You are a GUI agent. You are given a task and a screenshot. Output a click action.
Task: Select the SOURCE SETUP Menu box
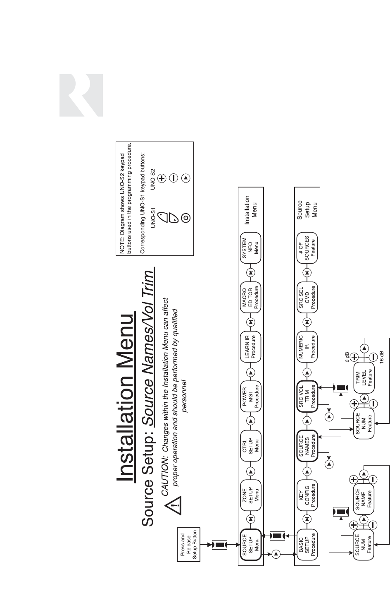tap(250, 545)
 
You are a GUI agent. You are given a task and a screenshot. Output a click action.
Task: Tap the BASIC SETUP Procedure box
tap(307, 545)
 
